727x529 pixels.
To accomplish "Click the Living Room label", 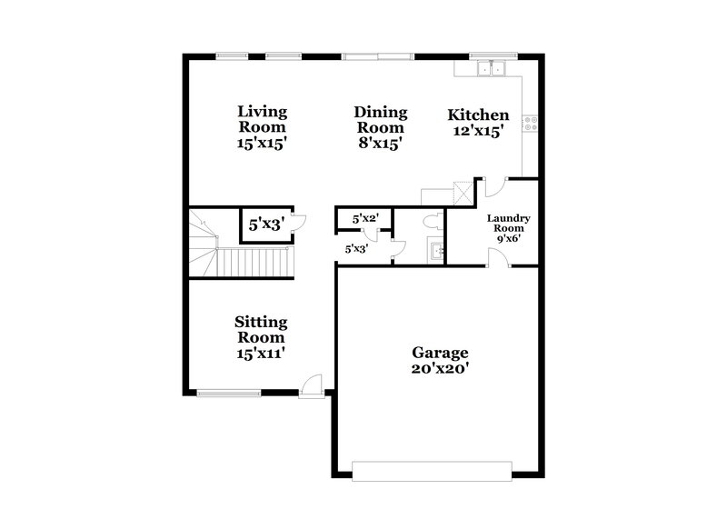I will point(263,127).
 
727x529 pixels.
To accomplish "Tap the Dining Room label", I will point(381,127).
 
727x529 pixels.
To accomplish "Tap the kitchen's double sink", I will point(492,67).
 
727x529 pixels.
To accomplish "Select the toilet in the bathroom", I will point(433,221).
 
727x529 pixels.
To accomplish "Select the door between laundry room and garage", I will point(497,258).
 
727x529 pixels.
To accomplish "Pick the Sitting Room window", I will point(227,394).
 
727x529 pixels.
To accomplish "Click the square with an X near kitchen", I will point(463,193).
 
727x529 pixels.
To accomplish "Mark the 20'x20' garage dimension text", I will point(440,368).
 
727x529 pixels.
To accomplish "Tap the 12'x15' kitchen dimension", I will point(478,131).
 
